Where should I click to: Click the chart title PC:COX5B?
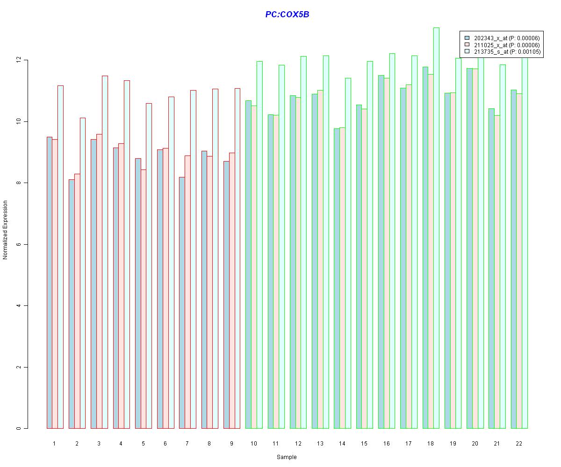(x=287, y=14)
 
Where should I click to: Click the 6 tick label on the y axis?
(x=19, y=244)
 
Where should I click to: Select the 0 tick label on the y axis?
(x=19, y=428)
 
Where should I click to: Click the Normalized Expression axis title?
(x=5, y=230)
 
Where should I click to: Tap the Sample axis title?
(x=287, y=457)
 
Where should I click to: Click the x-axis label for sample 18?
(x=431, y=443)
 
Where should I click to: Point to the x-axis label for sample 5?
(x=143, y=443)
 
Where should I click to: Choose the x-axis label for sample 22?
(x=519, y=443)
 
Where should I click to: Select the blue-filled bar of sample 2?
(x=72, y=304)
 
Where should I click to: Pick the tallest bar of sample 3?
(x=105, y=252)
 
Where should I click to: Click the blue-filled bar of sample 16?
(x=381, y=252)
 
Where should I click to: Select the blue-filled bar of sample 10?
(x=248, y=264)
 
